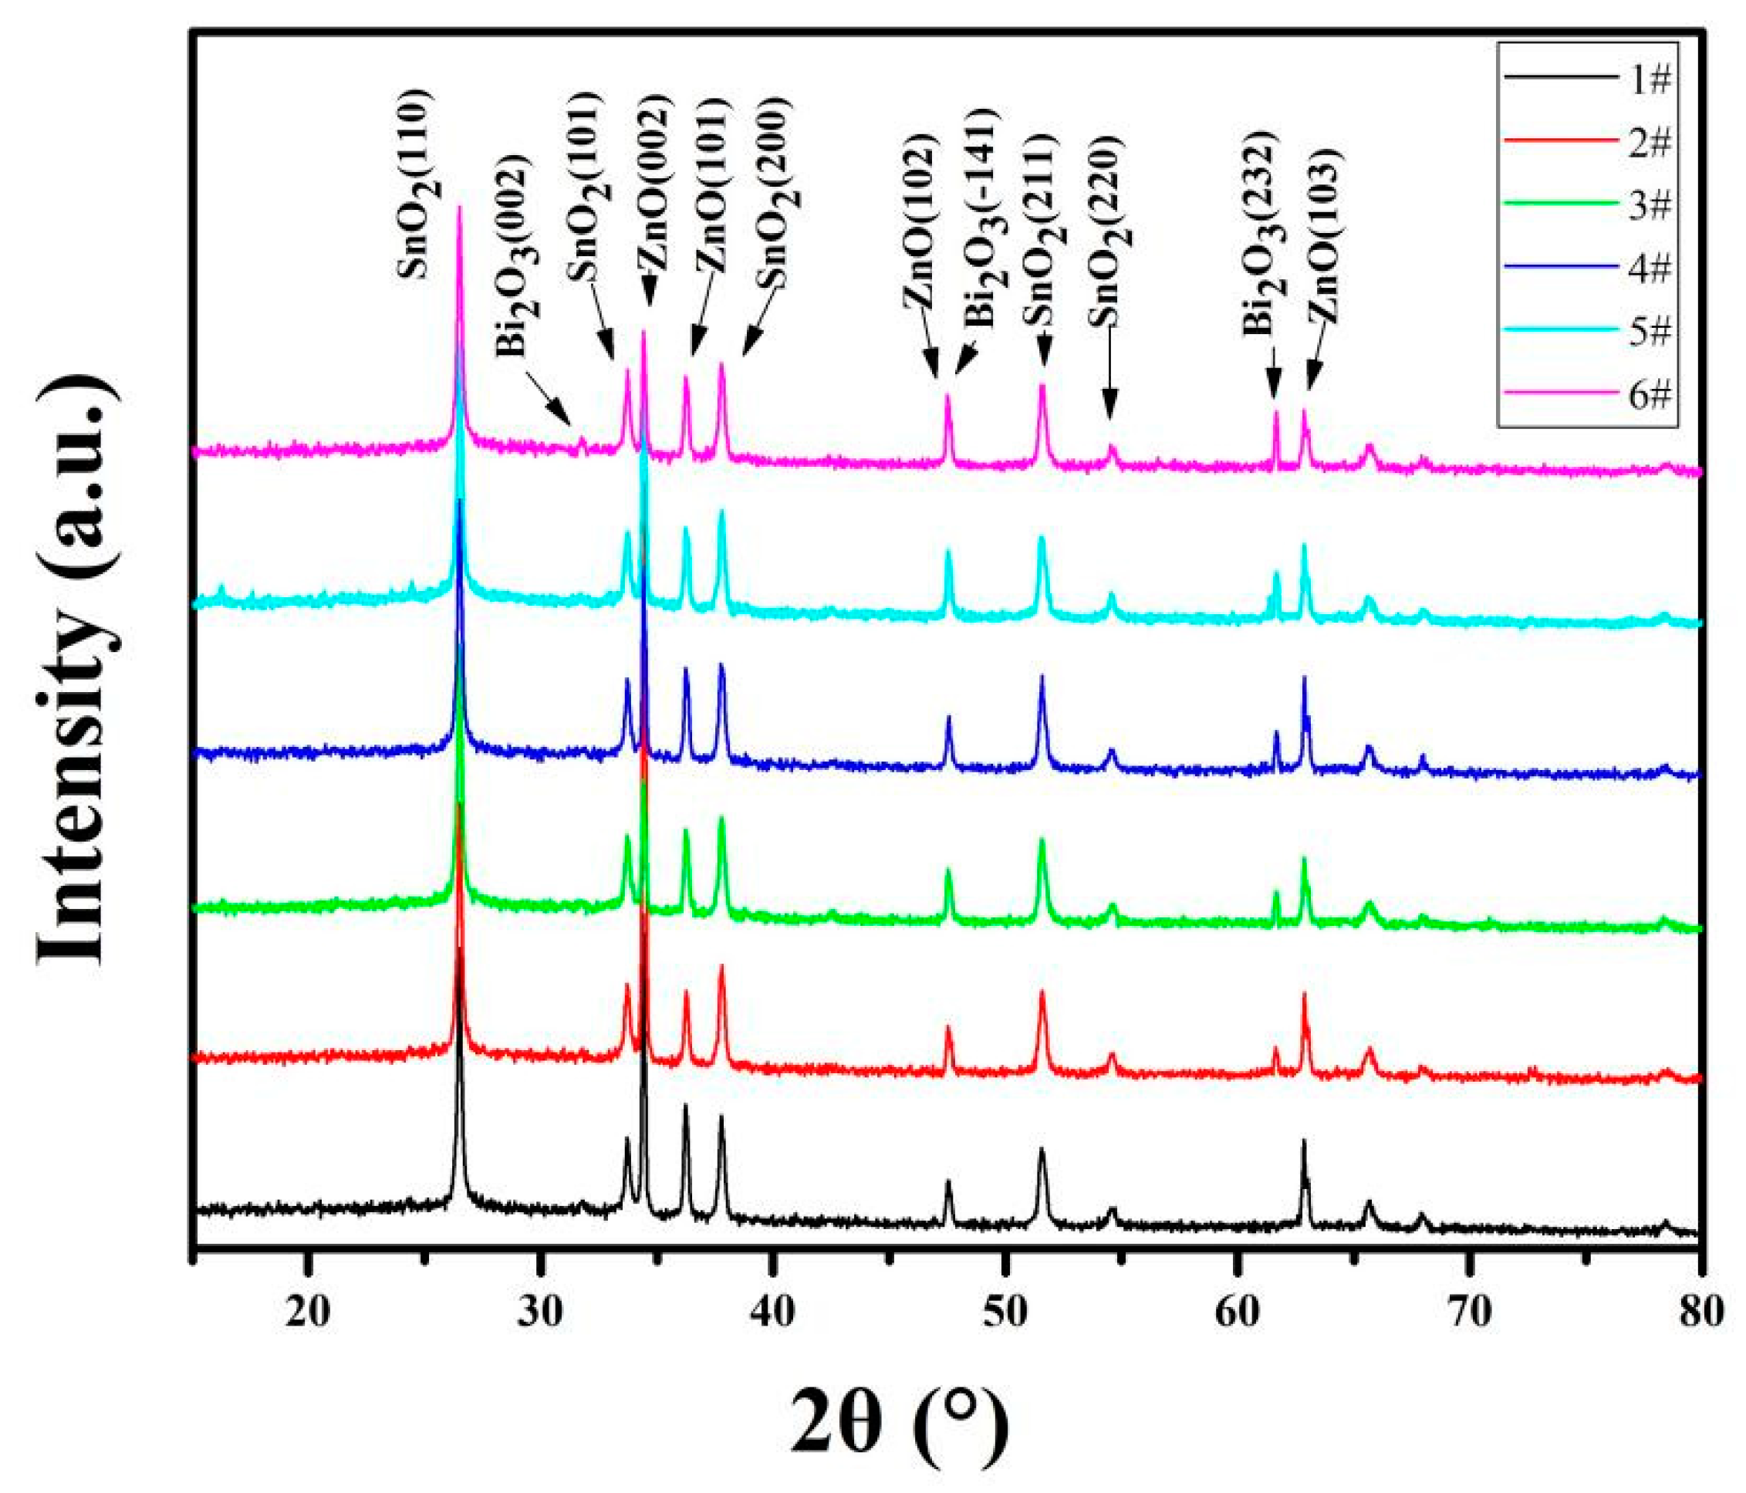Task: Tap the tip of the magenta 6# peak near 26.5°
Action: [x=459, y=208]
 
